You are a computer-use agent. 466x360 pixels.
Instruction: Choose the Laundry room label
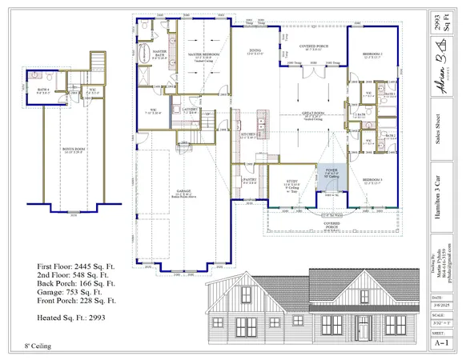pyautogui.click(x=189, y=110)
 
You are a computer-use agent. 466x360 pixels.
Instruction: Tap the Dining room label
pyautogui.click(x=255, y=50)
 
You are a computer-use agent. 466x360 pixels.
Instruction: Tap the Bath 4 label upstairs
pyautogui.click(x=45, y=89)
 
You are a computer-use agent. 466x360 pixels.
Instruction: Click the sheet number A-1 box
pyautogui.click(x=439, y=340)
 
